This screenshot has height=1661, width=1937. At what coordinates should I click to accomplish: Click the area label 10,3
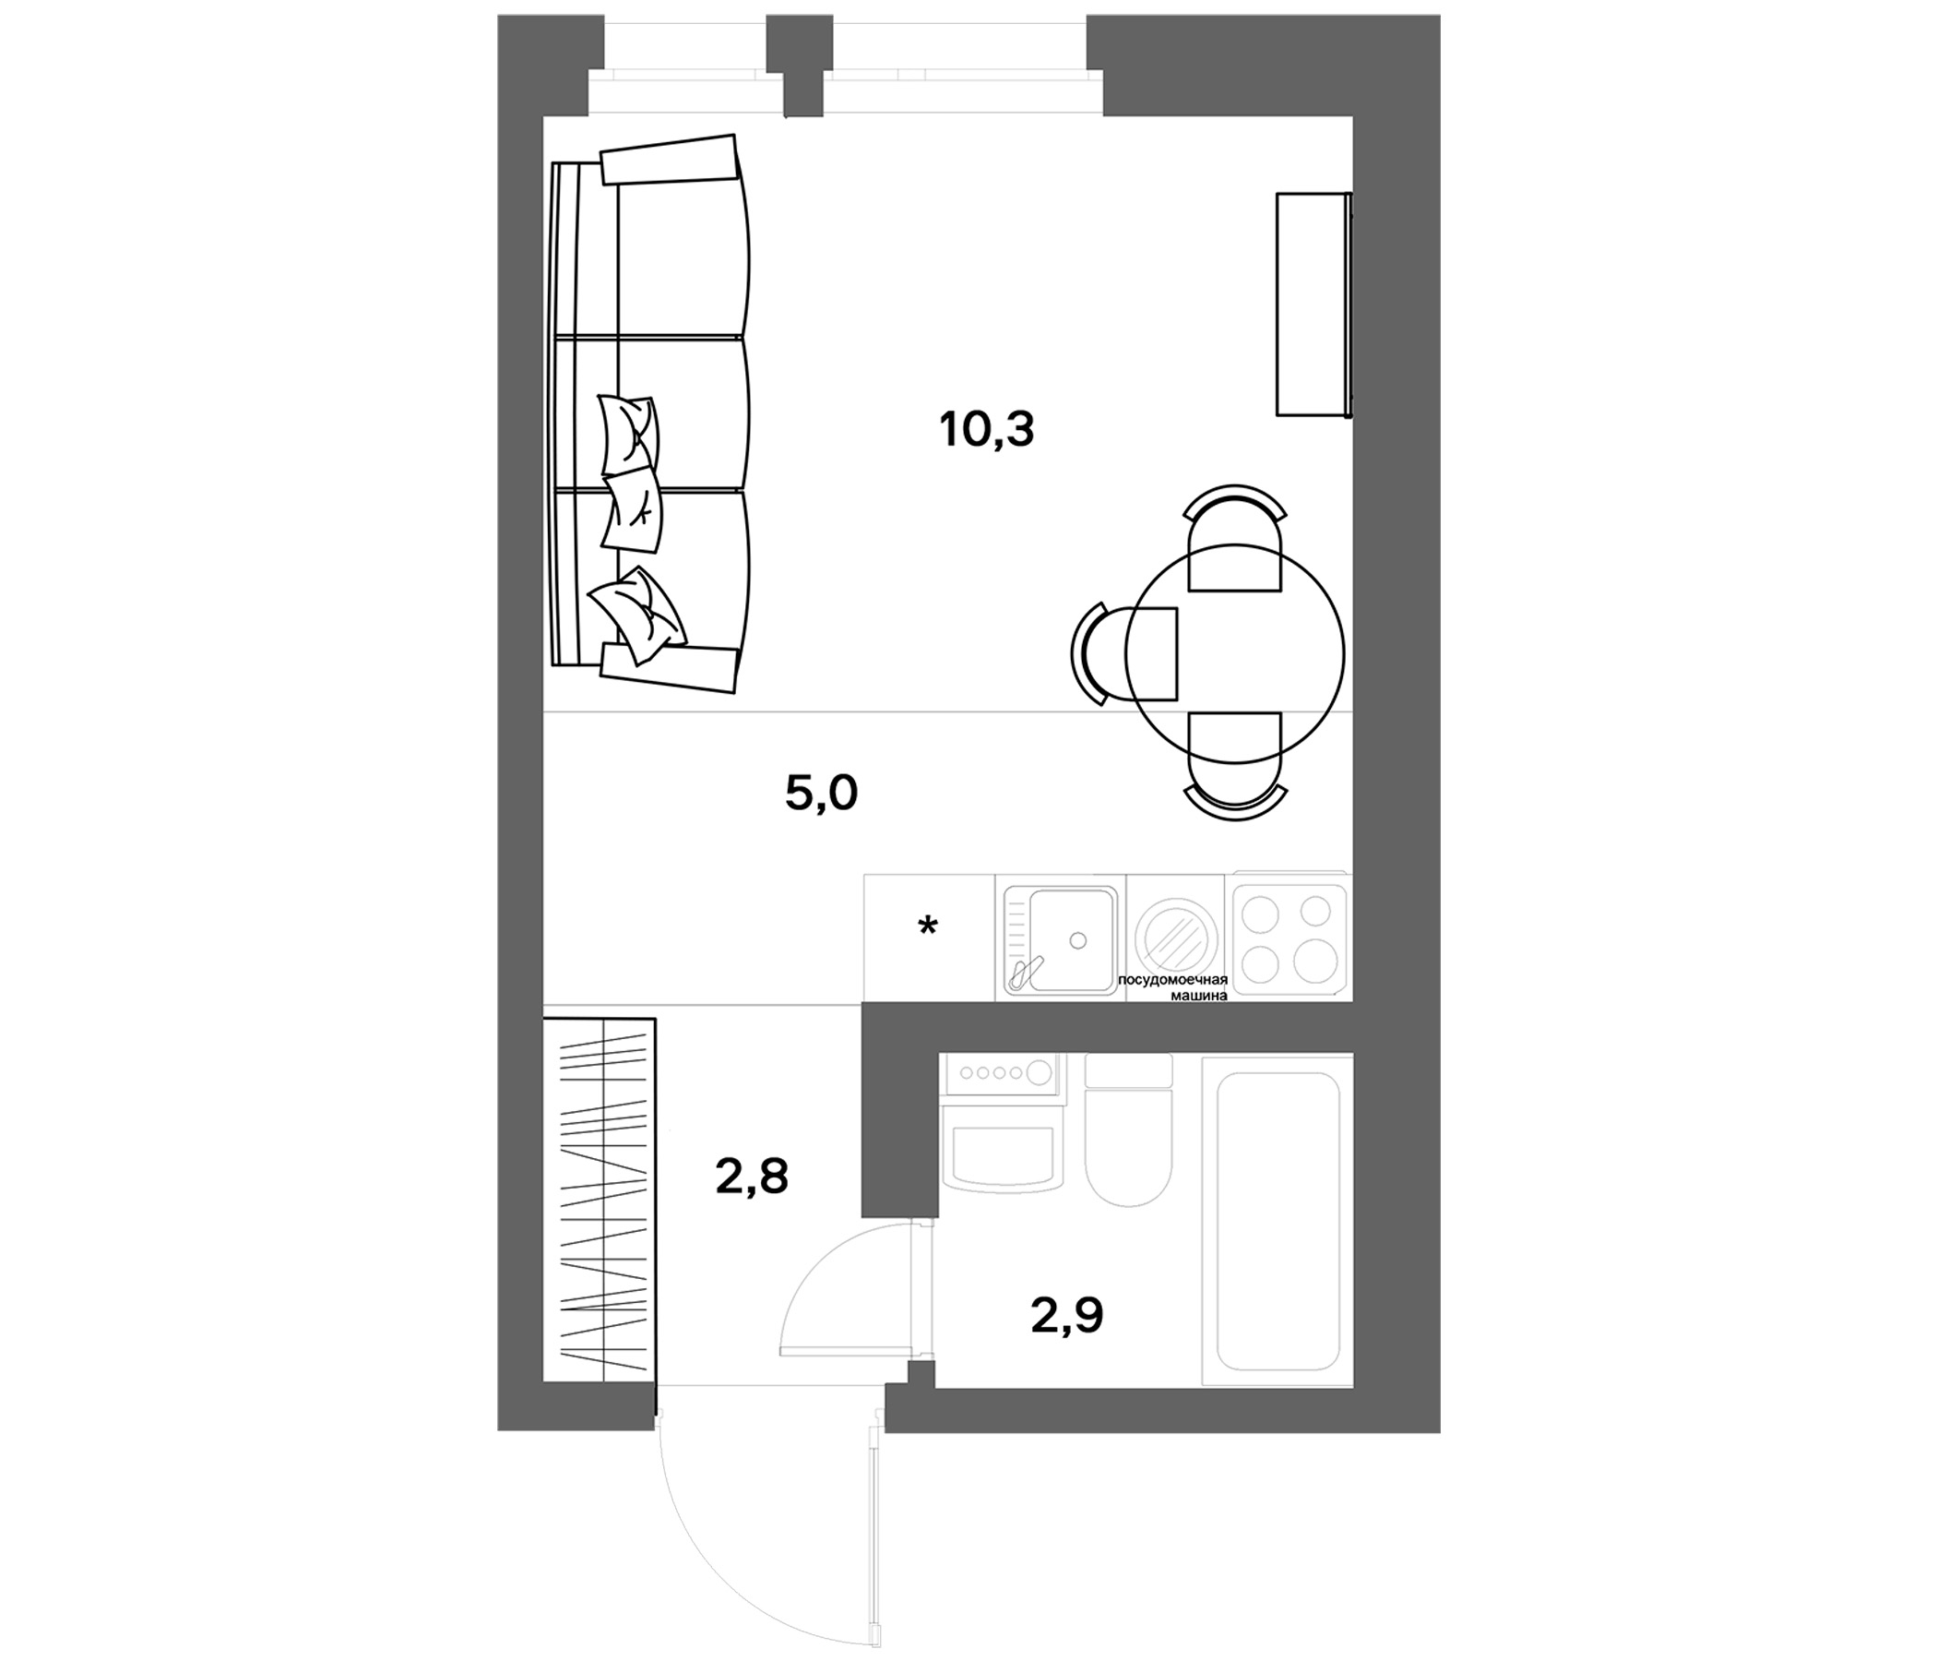click(986, 430)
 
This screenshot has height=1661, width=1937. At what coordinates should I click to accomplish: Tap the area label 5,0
click(822, 794)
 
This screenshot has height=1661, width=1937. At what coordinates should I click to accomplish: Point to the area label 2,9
click(1066, 1315)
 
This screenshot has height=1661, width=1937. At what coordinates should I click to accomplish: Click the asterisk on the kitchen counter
click(927, 926)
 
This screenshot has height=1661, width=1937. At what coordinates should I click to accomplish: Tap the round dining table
click(1234, 653)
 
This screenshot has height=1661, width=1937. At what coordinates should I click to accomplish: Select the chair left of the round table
click(1124, 653)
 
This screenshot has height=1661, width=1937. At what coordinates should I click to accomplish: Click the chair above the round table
click(1235, 539)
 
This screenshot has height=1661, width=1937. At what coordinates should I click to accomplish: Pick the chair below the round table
click(1235, 766)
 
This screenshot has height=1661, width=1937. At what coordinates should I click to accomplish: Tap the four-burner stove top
click(1289, 936)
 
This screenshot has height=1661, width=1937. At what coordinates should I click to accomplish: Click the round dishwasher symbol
click(1175, 938)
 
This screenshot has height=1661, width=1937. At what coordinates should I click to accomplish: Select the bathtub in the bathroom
click(1277, 1221)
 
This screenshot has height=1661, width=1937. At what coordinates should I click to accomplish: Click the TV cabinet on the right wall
click(1313, 304)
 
